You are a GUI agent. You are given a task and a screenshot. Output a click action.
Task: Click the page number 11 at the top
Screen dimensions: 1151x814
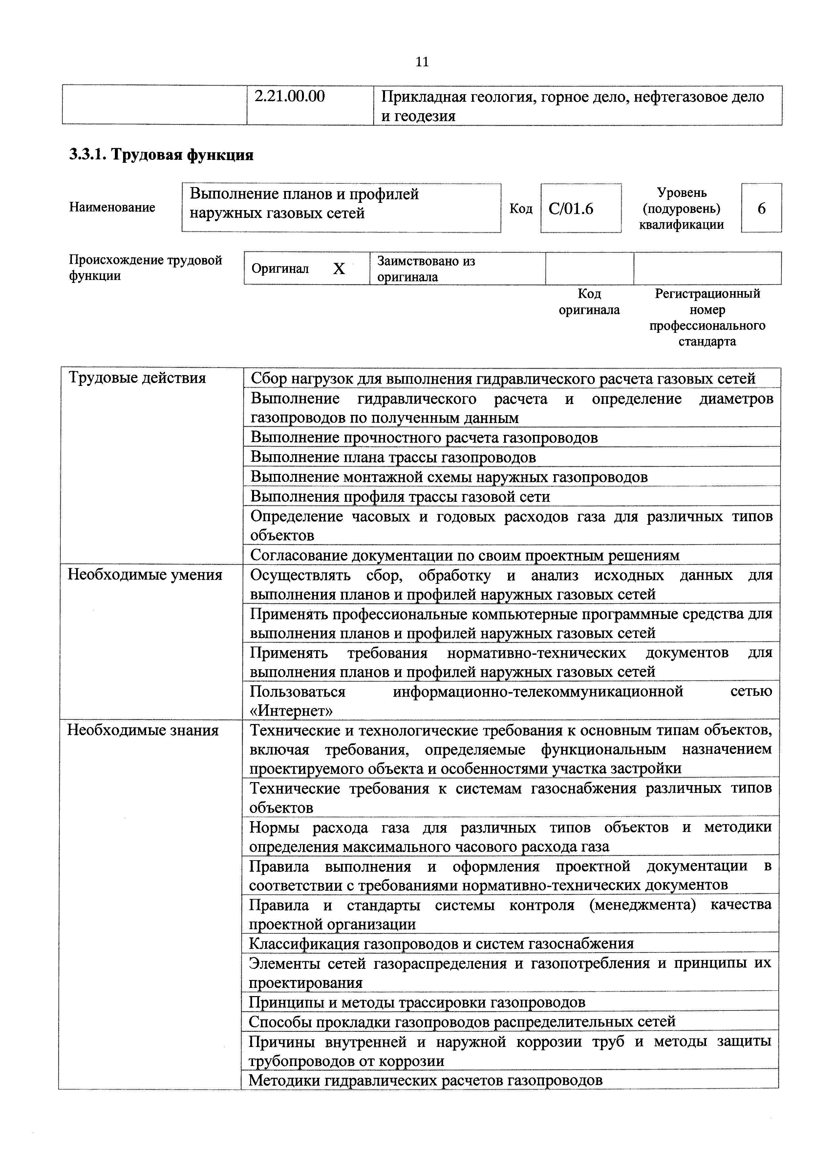click(x=422, y=62)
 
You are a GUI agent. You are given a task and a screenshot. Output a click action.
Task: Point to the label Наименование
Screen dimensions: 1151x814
click(x=112, y=207)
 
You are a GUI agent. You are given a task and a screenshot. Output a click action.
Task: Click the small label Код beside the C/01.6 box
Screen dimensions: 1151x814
click(x=521, y=208)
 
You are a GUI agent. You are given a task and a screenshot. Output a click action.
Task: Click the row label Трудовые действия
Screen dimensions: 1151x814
click(x=137, y=377)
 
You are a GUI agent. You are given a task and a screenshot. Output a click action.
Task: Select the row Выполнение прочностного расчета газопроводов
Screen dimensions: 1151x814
click(x=424, y=437)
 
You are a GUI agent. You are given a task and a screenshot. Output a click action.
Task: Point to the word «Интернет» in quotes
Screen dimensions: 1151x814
click(x=291, y=711)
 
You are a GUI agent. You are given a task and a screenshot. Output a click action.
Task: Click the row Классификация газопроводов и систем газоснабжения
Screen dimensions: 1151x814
click(x=441, y=944)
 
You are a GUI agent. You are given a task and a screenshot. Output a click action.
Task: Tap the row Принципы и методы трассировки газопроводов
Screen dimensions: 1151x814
click(x=417, y=1003)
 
